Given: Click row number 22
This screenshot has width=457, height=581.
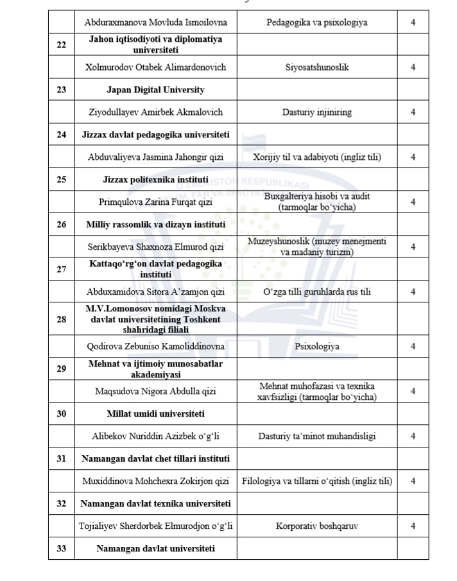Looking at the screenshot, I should click(61, 45).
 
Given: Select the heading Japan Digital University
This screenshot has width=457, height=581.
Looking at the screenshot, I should click(155, 90).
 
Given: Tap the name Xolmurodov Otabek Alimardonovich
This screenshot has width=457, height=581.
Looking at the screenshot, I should click(155, 67).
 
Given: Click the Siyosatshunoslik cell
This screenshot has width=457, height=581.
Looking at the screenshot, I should click(317, 67).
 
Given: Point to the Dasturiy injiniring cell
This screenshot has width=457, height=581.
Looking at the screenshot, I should click(317, 112).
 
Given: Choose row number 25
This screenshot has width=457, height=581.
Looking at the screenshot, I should click(61, 180).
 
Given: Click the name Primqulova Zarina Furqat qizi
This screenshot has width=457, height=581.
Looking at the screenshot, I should click(155, 202).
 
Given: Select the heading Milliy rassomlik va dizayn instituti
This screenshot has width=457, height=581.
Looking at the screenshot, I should click(155, 225).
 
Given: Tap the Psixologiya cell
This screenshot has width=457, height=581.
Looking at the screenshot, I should click(317, 347).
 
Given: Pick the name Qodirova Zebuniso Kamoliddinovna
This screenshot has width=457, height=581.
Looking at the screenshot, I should click(155, 347).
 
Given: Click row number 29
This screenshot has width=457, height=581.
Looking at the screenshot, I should click(61, 369).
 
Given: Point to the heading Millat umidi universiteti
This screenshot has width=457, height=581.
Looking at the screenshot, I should click(155, 413).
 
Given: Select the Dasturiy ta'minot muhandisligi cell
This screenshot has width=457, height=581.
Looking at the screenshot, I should click(317, 437).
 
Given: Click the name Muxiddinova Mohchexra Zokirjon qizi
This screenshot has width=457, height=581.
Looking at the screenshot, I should click(155, 481).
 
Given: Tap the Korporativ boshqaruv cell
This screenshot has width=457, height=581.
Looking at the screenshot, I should click(317, 526).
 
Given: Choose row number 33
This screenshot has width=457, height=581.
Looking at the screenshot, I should click(61, 548).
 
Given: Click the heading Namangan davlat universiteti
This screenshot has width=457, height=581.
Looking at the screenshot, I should click(155, 548).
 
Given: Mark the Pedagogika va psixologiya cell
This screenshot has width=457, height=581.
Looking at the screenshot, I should click(317, 22).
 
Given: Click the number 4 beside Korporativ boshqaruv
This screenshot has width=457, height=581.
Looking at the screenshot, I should click(413, 526).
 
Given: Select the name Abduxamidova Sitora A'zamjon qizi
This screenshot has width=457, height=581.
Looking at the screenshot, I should click(155, 292).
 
